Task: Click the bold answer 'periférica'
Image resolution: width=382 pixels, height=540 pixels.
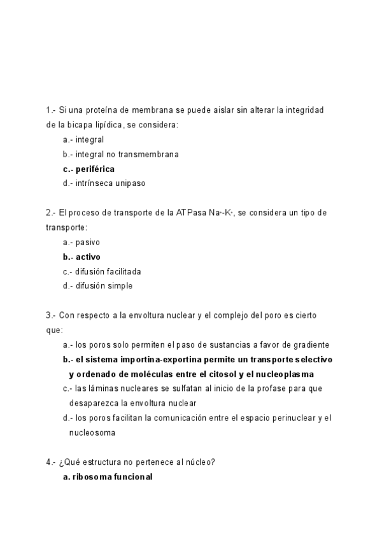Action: [95, 169]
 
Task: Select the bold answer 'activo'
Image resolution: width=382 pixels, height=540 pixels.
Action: [88, 257]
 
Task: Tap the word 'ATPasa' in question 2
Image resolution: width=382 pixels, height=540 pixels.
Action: [191, 213]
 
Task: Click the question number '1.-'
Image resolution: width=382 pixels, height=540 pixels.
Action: [52, 110]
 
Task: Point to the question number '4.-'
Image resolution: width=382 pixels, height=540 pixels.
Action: [52, 462]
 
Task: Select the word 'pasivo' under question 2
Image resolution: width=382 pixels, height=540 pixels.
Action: [87, 242]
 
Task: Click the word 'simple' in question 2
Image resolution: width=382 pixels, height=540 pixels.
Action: [120, 286]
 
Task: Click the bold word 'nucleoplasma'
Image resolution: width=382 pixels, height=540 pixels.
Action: [285, 374]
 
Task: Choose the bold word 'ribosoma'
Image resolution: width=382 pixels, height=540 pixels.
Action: [89, 476]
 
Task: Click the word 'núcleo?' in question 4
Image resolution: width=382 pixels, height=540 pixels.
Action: [200, 462]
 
